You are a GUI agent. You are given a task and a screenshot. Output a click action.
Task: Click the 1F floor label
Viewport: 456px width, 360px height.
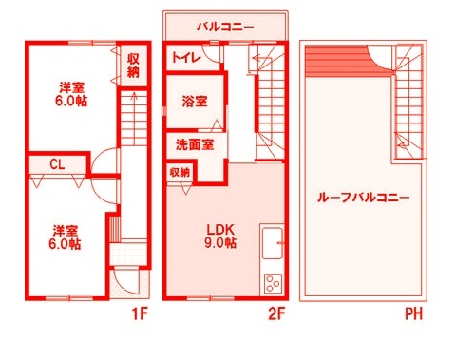point(141,313)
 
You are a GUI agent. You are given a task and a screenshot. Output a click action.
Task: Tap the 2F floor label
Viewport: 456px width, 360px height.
point(277,313)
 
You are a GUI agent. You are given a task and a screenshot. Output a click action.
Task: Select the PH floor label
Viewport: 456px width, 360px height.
point(413,313)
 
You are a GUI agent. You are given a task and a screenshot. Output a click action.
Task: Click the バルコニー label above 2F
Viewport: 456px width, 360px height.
point(225,27)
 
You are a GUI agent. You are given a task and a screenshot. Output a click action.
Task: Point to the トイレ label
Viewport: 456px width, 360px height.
point(184,58)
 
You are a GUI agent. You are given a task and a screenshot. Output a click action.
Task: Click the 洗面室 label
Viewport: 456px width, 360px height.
point(194,145)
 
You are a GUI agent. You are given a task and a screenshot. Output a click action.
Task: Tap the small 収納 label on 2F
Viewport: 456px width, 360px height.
point(180,172)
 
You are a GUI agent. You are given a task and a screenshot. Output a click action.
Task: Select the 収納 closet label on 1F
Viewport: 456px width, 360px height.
point(133,65)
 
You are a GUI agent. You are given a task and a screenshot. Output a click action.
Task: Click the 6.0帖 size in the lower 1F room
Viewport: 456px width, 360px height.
point(66,244)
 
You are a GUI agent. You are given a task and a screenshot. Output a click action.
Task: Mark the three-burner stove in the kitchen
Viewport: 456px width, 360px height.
point(273,282)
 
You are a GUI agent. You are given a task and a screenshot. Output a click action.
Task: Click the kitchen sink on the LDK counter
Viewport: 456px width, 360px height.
point(272,240)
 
